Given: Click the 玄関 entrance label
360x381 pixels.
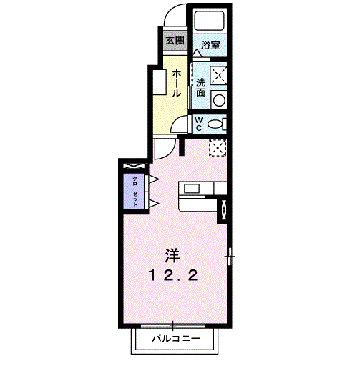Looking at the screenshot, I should pyautogui.click(x=175, y=40).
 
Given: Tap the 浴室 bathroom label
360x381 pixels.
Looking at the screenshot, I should pyautogui.click(x=210, y=45).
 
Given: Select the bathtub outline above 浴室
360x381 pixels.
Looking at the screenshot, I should pyautogui.click(x=210, y=21).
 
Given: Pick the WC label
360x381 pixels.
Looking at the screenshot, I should pyautogui.click(x=199, y=123).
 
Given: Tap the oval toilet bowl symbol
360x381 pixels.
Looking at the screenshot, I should pyautogui.click(x=215, y=124).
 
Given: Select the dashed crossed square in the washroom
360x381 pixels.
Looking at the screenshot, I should pyautogui.click(x=218, y=75).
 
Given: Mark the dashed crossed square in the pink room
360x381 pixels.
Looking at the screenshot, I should pyautogui.click(x=218, y=147).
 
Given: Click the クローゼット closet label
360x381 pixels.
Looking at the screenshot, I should pyautogui.click(x=134, y=190).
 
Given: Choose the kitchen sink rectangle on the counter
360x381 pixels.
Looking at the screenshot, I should pyautogui.click(x=193, y=189).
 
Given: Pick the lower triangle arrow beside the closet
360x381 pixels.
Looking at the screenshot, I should pyautogui.click(x=152, y=204).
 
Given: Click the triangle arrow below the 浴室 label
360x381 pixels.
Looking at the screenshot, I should pyautogui.click(x=197, y=54).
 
